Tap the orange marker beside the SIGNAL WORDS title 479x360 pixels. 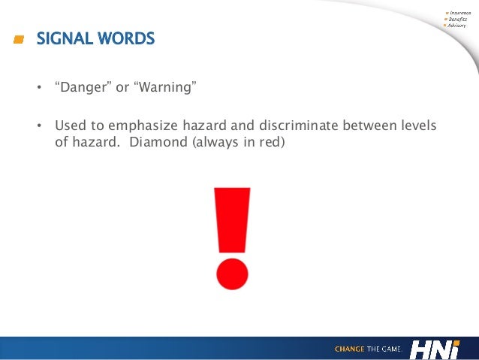19,38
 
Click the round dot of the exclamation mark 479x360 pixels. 232,273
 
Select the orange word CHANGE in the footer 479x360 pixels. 350,349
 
